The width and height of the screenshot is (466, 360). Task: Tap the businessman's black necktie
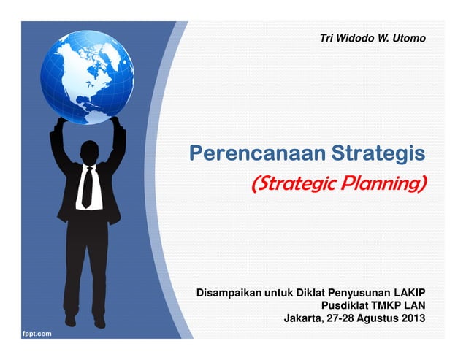[87, 186]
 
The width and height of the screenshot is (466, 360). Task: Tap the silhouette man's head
[90, 150]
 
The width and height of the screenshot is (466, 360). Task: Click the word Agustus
[380, 318]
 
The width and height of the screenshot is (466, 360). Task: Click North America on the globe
[73, 62]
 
